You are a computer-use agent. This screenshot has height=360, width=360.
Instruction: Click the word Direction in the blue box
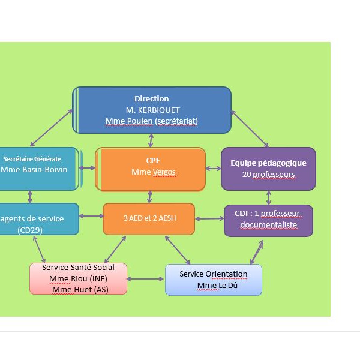click(151, 99)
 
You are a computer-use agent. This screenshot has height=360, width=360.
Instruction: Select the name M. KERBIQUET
click(152, 110)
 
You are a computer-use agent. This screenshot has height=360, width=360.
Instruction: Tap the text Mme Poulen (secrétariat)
click(151, 121)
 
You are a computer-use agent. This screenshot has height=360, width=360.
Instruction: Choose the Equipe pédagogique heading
click(268, 163)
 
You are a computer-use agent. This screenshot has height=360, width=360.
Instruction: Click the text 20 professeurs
click(268, 175)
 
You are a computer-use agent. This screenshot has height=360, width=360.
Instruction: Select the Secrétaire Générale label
click(32, 159)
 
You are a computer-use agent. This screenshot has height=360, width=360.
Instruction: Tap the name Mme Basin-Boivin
click(34, 169)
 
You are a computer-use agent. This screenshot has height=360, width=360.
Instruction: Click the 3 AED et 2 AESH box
click(149, 218)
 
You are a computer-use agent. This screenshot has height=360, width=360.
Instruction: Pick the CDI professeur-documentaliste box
click(268, 220)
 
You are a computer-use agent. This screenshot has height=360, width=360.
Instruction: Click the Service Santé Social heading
click(78, 268)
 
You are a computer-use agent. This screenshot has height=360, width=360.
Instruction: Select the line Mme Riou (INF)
click(78, 278)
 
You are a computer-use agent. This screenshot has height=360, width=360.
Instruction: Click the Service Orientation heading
click(213, 274)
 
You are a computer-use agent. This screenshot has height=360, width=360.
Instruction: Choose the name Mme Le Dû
click(214, 285)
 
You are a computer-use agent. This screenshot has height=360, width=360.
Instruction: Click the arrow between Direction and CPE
click(151, 140)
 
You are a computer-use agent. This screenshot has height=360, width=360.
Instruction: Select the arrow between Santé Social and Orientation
click(146, 279)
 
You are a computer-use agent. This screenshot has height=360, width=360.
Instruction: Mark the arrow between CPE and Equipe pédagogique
click(213, 169)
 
